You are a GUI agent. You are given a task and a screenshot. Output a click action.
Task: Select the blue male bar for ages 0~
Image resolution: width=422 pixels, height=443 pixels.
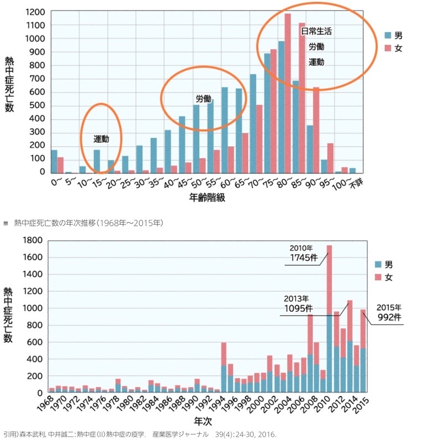point(54,161)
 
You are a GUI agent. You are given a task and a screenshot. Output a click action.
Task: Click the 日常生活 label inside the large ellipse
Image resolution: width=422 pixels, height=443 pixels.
point(316,32)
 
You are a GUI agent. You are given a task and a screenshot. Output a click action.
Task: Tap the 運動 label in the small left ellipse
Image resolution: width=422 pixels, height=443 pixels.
point(101,138)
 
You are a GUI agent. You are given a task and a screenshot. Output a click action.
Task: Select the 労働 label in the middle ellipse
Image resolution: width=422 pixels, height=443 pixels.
point(203,99)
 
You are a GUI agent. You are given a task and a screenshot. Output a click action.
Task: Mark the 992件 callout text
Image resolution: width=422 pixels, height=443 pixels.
point(390,318)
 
